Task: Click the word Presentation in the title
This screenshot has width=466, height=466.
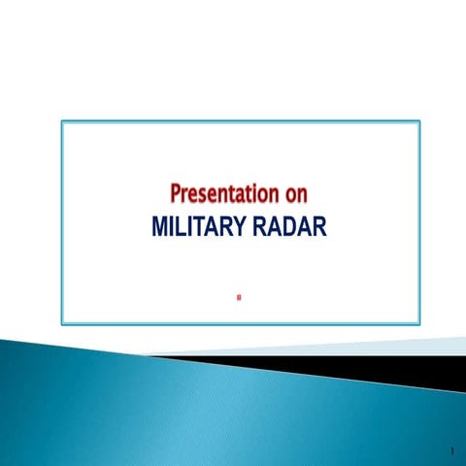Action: (215, 194)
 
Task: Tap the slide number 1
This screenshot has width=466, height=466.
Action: (453, 451)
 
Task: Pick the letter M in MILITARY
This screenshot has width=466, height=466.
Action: (161, 228)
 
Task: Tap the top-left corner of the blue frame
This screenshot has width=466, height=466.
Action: (62, 121)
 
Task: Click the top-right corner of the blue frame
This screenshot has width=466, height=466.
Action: (419, 121)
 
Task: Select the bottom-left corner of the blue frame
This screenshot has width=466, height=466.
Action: (62, 322)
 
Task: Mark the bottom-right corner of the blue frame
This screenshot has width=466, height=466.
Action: (419, 322)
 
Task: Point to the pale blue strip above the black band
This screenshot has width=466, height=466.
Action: (388, 345)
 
